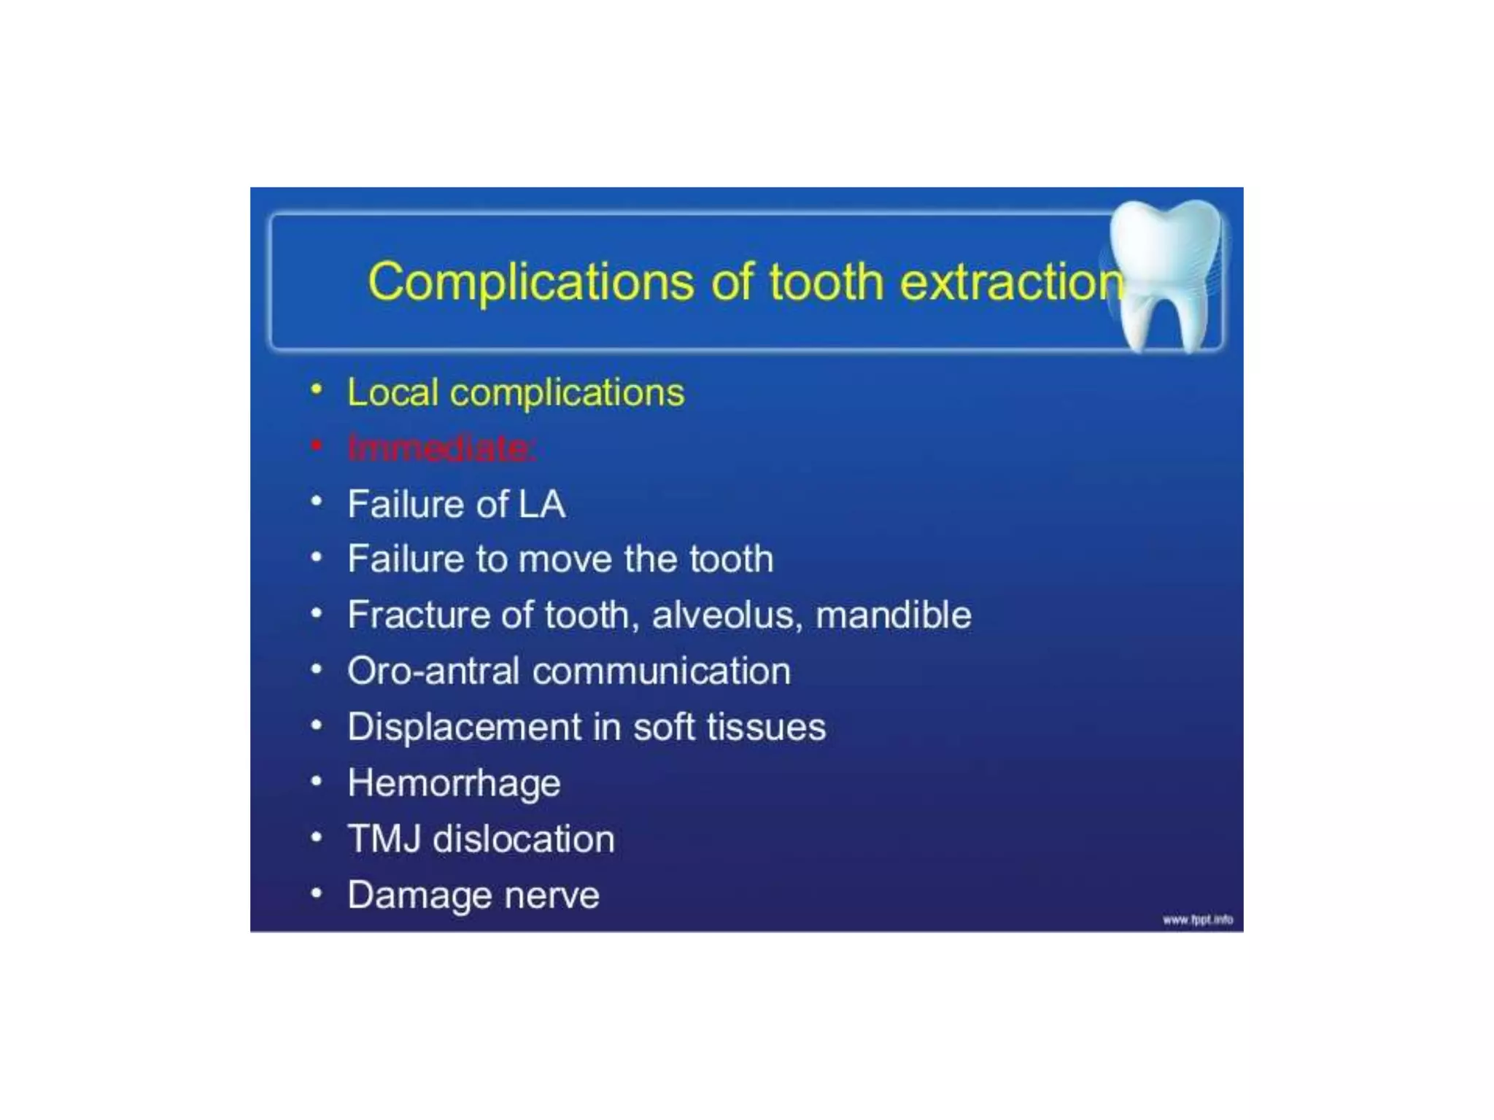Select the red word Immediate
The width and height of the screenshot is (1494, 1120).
click(x=441, y=448)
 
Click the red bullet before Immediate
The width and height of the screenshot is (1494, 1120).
click(x=316, y=445)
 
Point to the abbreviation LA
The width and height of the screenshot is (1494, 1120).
click(x=541, y=504)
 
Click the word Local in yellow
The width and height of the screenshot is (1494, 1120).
click(x=392, y=392)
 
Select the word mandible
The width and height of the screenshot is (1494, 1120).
click(x=893, y=615)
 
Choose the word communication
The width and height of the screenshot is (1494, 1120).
click(x=661, y=671)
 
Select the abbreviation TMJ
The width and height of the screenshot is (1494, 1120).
click(x=384, y=839)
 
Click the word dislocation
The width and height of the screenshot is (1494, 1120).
click(x=524, y=839)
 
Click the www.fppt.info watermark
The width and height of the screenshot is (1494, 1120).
click(x=1197, y=919)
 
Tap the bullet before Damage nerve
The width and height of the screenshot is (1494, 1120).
click(x=316, y=893)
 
